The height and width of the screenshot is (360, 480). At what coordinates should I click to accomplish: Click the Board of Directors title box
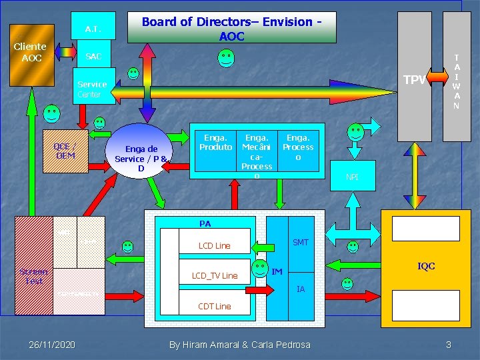click(x=231, y=28)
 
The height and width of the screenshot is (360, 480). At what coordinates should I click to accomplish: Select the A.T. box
click(x=93, y=29)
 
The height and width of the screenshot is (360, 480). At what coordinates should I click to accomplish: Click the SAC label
click(x=93, y=57)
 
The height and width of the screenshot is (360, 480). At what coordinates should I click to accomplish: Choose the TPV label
click(x=414, y=80)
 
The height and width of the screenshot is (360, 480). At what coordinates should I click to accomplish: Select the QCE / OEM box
click(x=65, y=151)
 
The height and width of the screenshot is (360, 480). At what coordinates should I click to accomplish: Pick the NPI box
click(x=351, y=177)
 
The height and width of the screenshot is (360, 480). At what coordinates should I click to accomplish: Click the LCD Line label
click(x=214, y=246)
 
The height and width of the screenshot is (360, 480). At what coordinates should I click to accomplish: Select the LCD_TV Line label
click(x=214, y=276)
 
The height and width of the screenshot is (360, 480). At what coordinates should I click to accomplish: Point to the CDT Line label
click(x=214, y=307)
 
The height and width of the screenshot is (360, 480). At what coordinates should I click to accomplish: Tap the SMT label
click(x=301, y=242)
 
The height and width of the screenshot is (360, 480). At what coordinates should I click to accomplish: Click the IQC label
click(x=426, y=266)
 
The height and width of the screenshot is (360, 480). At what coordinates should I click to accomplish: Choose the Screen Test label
click(x=33, y=276)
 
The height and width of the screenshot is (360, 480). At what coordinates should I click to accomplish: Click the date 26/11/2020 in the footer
click(x=52, y=345)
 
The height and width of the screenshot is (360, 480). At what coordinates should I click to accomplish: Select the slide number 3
click(x=449, y=345)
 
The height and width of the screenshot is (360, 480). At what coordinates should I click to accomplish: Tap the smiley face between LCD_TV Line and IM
click(x=259, y=269)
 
